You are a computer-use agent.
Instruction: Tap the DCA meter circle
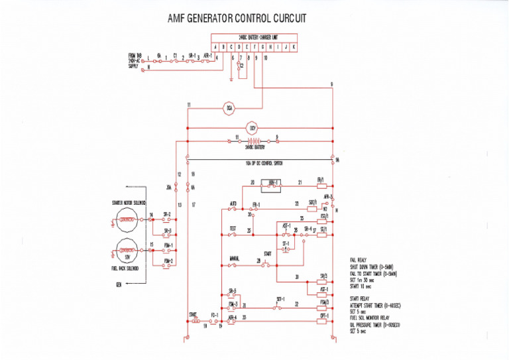229,106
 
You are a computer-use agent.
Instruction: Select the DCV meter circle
252,127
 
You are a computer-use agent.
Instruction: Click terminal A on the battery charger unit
215,47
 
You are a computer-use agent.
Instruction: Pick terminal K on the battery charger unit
294,47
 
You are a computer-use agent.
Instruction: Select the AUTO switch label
233,204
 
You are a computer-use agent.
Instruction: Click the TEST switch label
233,228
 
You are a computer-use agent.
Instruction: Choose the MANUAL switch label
235,259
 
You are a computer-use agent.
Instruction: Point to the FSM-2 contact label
168,261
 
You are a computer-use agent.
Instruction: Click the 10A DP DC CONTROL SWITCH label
260,161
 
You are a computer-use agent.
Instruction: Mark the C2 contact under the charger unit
241,66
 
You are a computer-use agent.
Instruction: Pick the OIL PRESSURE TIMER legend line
374,325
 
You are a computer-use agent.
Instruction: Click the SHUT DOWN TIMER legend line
372,267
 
